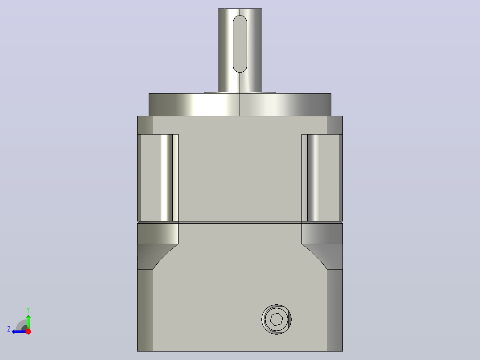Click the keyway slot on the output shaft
point(240,44)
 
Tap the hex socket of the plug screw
point(277,319)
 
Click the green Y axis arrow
point(28,320)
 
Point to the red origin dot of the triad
point(28,331)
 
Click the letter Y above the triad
point(28,310)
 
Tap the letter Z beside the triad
point(9,329)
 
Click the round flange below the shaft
point(240,104)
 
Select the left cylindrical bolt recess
point(166,178)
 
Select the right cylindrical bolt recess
point(313,178)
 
